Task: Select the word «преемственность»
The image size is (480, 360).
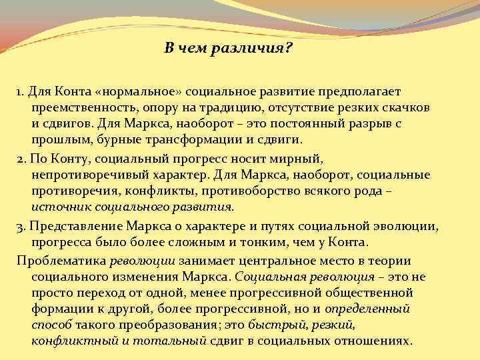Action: click(83, 107)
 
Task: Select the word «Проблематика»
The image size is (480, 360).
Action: click(59, 260)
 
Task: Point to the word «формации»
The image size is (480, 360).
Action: click(61, 309)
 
